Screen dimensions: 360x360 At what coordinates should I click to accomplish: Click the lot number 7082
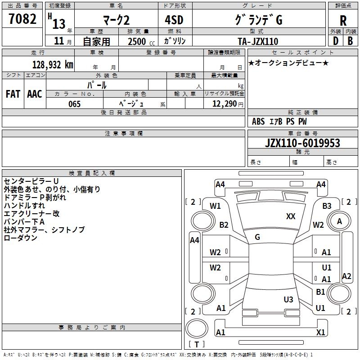click(22, 19)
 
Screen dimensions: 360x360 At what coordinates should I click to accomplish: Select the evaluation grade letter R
click(343, 21)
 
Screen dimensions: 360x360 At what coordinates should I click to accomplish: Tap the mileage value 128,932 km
click(53, 65)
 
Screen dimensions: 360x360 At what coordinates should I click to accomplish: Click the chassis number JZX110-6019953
click(302, 143)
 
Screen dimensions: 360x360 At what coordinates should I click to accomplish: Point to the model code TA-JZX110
click(258, 41)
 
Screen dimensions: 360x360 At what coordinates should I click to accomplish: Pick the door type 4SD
click(174, 20)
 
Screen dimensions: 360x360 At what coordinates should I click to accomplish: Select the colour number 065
click(74, 104)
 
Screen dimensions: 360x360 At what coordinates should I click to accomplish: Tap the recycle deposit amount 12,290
click(225, 104)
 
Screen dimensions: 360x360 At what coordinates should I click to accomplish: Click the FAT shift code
click(13, 94)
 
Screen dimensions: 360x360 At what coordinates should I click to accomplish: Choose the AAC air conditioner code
click(35, 94)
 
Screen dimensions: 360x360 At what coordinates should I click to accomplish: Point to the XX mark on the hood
click(291, 216)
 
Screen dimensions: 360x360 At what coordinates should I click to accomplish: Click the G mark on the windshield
click(257, 237)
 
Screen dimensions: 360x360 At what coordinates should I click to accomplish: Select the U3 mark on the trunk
click(288, 299)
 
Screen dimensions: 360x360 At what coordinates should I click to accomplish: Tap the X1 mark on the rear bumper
click(320, 332)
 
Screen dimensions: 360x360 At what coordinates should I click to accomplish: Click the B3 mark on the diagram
click(327, 206)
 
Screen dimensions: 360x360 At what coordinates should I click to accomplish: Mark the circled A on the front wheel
click(339, 221)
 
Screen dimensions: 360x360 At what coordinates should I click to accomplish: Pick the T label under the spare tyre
click(197, 344)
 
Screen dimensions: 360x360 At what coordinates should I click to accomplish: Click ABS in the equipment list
click(258, 121)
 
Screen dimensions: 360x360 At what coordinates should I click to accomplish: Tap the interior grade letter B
click(350, 41)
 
